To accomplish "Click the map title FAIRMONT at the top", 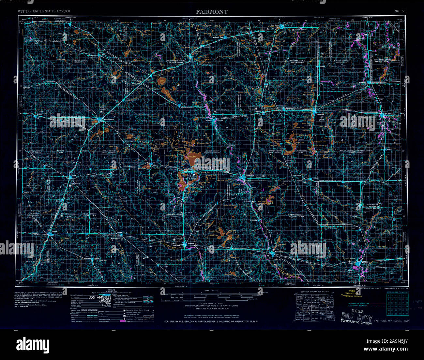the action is [212, 12].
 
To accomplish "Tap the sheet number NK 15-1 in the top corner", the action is [400, 11].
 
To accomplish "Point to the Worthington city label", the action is [109, 119].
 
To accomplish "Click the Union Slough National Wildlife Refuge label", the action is [373, 206].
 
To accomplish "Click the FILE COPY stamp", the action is [356, 316].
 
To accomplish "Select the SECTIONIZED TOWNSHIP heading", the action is [397, 292].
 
